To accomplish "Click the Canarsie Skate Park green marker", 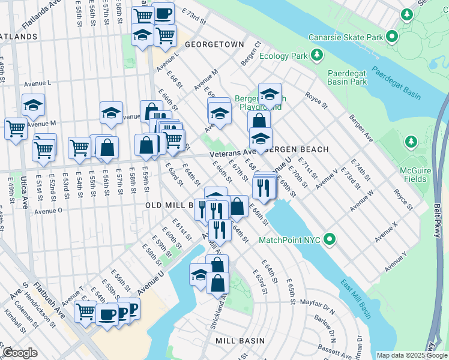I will [392, 37].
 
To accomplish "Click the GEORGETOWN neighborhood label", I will [214, 44].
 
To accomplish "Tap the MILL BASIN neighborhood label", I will [240, 341].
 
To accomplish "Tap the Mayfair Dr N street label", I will [317, 307].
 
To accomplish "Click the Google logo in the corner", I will [20, 353].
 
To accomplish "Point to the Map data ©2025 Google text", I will [412, 355].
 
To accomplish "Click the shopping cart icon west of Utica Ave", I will [15, 128].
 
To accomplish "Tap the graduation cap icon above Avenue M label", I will [34, 105].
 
